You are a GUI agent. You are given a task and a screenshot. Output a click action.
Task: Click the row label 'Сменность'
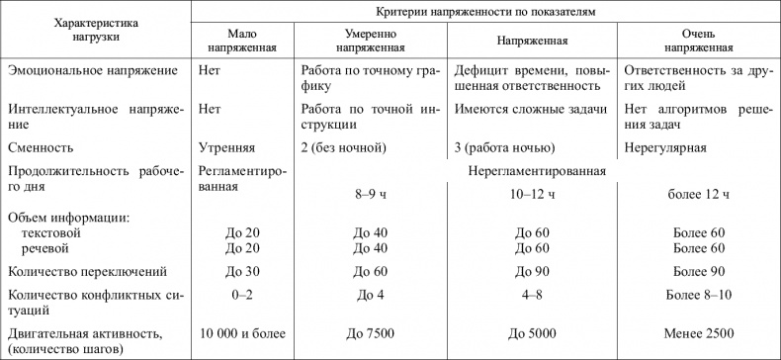pos(40,148)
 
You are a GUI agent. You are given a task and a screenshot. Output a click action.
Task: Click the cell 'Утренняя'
pos(226,148)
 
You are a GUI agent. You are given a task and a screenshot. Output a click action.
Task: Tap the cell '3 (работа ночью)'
pos(504,148)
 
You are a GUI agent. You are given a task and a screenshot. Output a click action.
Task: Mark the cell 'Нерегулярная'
pos(666,148)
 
